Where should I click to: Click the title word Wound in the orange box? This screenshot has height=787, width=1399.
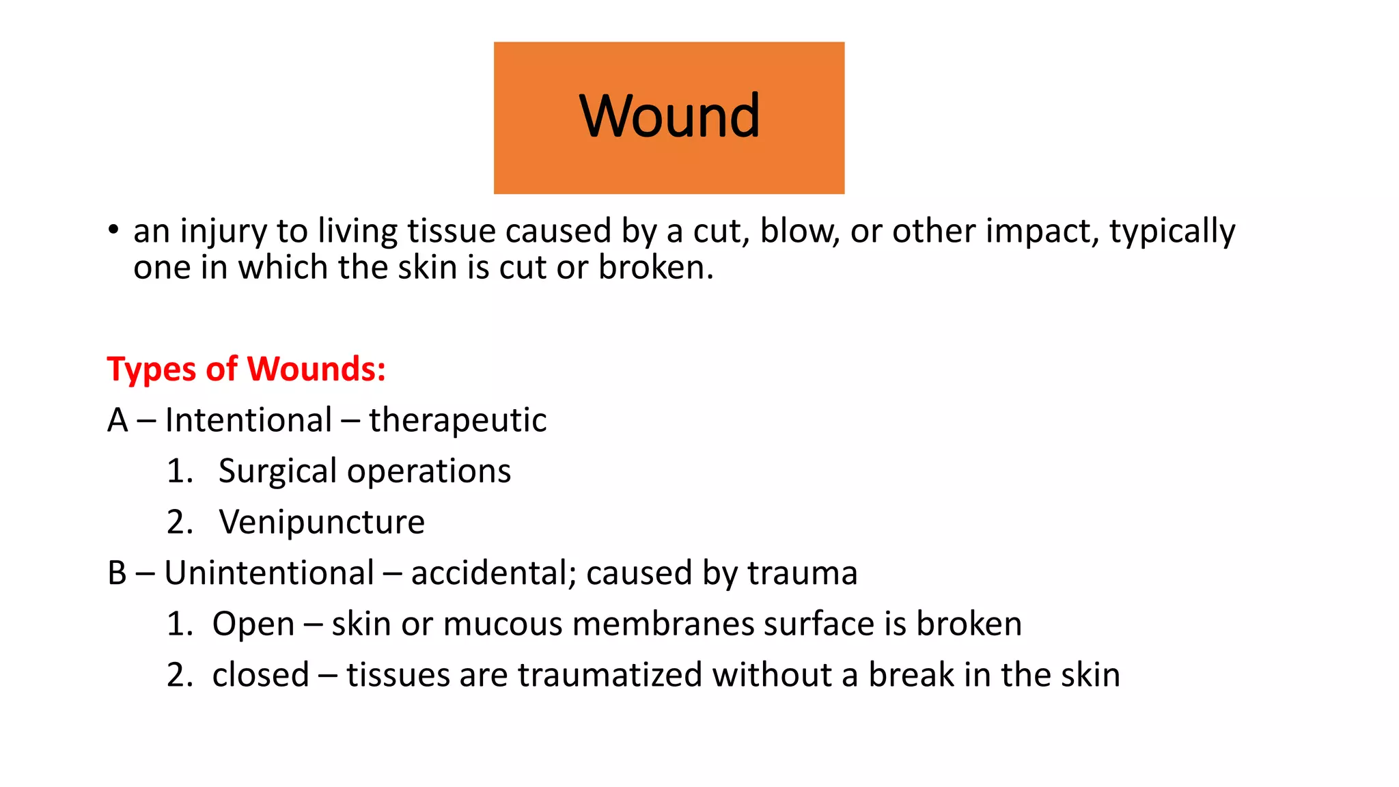[x=669, y=115]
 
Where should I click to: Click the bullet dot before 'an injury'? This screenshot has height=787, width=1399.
[x=113, y=230]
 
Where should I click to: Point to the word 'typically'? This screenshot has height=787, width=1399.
[x=1172, y=232]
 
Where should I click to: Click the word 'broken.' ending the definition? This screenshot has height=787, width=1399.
[x=656, y=267]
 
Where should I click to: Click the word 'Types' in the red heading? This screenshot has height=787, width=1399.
[x=152, y=370]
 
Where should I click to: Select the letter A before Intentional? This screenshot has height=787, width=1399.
[x=117, y=420]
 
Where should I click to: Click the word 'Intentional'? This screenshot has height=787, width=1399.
[x=249, y=420]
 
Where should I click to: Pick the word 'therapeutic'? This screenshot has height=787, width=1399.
[x=458, y=421]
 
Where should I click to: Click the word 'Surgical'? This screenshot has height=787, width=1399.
[x=277, y=471]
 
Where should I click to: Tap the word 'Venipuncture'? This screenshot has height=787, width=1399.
[x=322, y=523]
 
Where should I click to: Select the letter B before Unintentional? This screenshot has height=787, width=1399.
[x=117, y=573]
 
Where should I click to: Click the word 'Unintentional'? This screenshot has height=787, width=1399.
[x=269, y=573]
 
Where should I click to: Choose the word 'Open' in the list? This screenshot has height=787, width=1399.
[x=253, y=624]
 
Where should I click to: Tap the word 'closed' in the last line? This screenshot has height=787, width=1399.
[x=260, y=675]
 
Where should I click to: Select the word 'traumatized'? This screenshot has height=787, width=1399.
[x=610, y=675]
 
